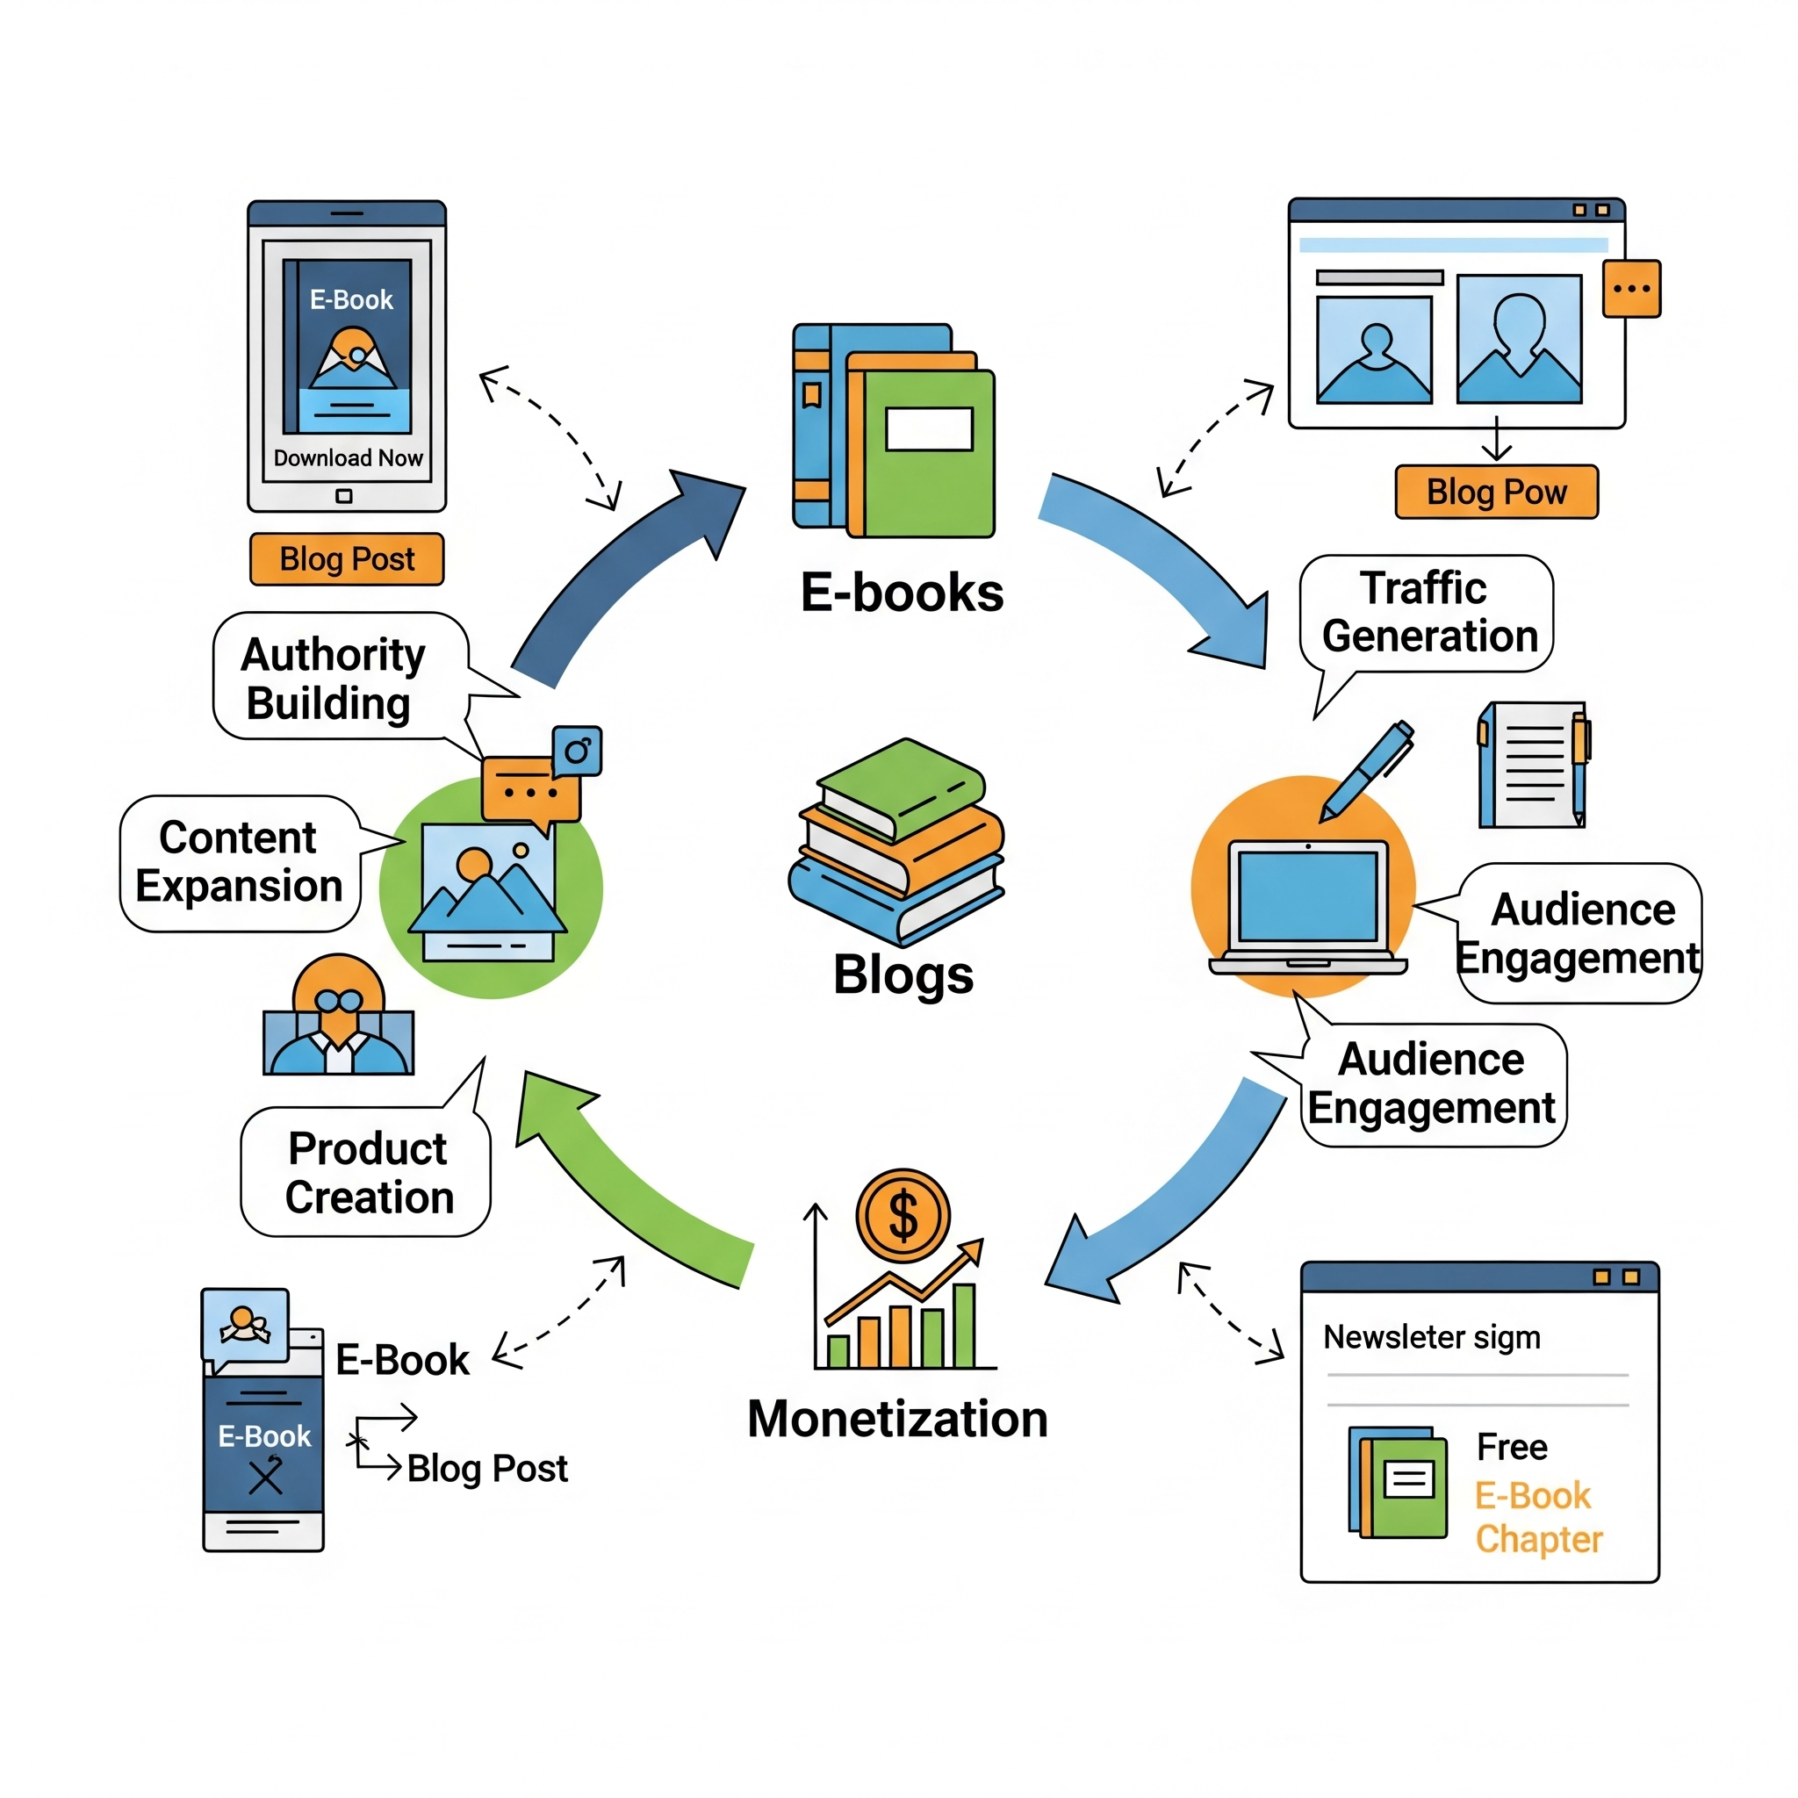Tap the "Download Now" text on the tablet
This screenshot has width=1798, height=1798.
(x=348, y=458)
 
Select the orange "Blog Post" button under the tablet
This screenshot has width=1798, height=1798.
(x=346, y=558)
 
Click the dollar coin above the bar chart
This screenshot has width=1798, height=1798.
(x=902, y=1214)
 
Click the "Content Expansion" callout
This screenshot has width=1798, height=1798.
(x=239, y=862)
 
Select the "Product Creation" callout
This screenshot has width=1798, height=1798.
(x=368, y=1172)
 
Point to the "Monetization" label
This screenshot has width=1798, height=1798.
(x=897, y=1420)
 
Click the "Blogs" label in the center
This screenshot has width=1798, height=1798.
(x=903, y=975)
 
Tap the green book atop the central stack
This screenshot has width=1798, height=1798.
(x=901, y=787)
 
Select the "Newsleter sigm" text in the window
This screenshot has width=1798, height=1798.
(x=1431, y=1337)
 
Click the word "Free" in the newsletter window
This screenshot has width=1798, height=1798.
(x=1512, y=1447)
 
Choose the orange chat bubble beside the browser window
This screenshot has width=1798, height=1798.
(x=1630, y=289)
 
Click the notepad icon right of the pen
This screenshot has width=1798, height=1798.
(x=1532, y=765)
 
